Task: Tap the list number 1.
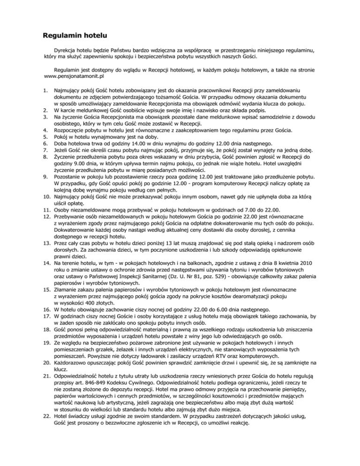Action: click(45, 88)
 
